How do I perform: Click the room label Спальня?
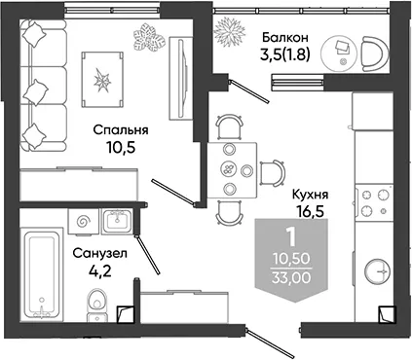click(x=121, y=130)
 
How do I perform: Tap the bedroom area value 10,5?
click(x=120, y=148)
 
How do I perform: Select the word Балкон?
click(x=285, y=38)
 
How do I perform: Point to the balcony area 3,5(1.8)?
click(x=285, y=55)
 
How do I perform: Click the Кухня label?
click(x=310, y=195)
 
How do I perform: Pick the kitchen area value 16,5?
click(x=310, y=211)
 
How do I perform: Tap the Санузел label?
click(x=99, y=253)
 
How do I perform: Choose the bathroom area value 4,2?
click(x=100, y=270)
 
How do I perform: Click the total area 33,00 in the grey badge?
click(x=291, y=278)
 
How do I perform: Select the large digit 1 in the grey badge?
click(x=291, y=236)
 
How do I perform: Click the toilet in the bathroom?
click(x=96, y=305)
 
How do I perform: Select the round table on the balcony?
click(x=339, y=53)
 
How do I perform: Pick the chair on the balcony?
click(x=375, y=54)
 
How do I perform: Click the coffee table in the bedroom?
click(x=102, y=80)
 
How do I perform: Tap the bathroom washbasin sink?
click(x=117, y=221)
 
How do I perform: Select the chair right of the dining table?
click(x=272, y=173)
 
